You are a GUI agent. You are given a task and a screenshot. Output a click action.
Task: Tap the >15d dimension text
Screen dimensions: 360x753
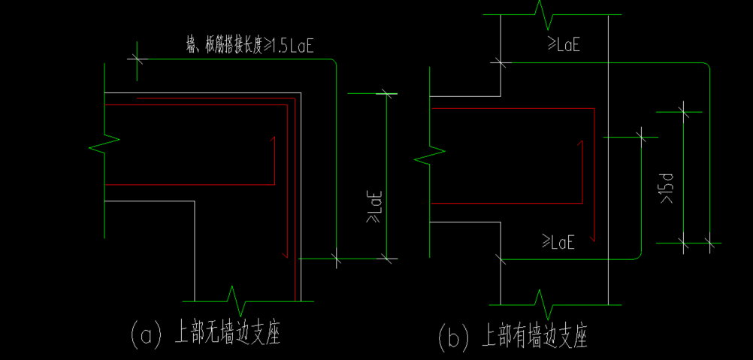[666, 189]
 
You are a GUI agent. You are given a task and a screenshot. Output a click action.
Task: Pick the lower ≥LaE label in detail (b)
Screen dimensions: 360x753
[558, 242]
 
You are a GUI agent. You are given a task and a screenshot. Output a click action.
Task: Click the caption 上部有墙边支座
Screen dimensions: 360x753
[534, 336]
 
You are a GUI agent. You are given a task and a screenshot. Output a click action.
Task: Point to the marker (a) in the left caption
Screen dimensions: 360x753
[146, 334]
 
